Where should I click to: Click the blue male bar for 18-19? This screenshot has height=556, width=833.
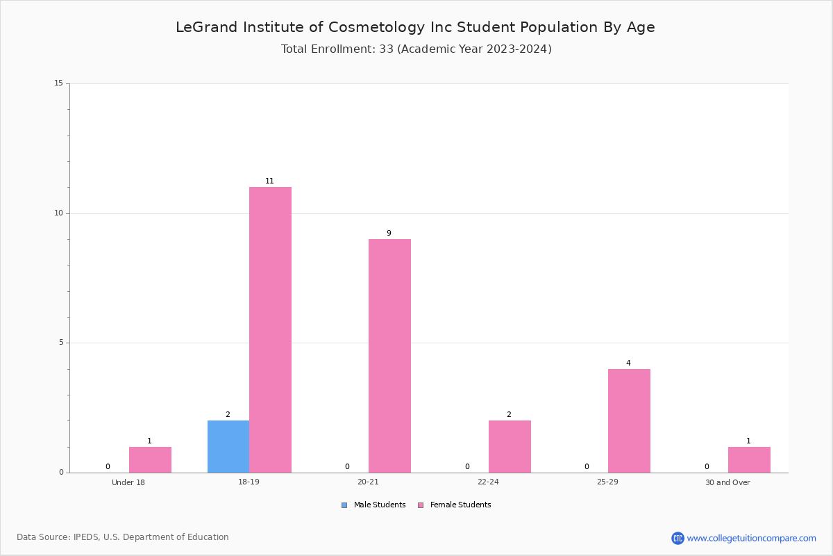coord(228,446)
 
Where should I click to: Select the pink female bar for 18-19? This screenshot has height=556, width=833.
coord(270,329)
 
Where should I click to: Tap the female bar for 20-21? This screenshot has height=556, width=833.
coord(389,356)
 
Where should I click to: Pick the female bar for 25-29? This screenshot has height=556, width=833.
coord(629,420)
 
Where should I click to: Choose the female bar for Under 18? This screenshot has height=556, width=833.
coord(150,459)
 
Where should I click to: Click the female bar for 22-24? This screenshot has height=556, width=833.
coord(510,446)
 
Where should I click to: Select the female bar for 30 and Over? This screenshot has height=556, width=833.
coord(749,459)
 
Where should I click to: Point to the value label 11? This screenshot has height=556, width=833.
coord(269,181)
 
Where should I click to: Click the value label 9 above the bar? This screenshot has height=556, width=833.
coord(389,233)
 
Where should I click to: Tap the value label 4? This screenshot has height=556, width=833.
coord(628,363)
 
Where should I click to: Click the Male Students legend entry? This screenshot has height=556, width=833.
coord(373,505)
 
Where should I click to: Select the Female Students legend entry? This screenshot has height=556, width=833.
coord(455,505)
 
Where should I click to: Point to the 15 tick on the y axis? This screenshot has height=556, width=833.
coord(59,83)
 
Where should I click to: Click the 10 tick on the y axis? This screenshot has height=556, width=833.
coord(59,213)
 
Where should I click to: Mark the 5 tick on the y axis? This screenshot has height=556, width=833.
coord(61,343)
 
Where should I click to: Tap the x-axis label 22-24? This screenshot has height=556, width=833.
coord(488,482)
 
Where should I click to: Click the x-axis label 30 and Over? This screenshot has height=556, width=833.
coord(727,482)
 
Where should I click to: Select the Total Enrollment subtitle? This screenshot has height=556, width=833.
coord(416,49)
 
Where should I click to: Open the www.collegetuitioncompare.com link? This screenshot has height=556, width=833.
coord(751,538)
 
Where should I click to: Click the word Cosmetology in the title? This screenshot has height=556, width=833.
coord(376,28)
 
